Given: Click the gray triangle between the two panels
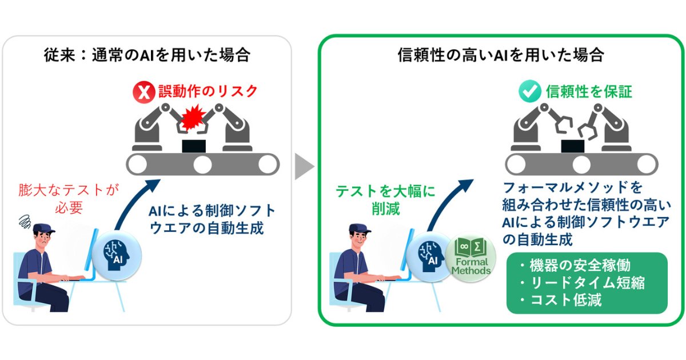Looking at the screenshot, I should [x=304, y=167].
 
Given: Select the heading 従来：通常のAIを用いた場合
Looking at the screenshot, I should [x=147, y=55].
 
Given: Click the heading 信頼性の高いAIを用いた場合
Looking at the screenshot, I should [x=501, y=55].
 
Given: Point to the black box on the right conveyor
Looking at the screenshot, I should [x=572, y=145].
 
